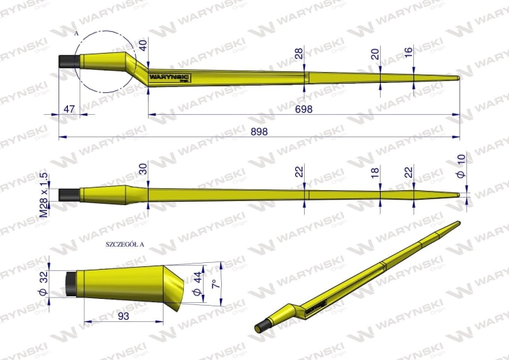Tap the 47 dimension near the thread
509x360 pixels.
(69, 109)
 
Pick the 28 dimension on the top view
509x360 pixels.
(299, 53)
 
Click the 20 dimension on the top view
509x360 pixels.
(375, 53)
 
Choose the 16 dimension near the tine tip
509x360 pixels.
(408, 53)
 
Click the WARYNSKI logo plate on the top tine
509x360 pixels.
(170, 79)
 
